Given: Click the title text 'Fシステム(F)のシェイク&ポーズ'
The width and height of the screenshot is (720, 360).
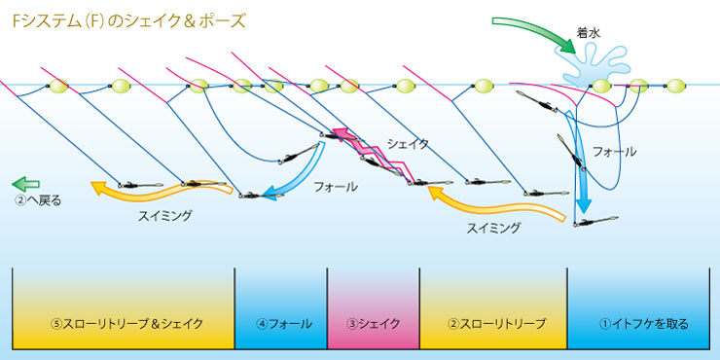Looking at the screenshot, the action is click(128, 19).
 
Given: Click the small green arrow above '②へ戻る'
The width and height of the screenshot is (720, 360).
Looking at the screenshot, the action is click(25, 182).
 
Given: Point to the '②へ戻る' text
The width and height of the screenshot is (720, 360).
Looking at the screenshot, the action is click(38, 201).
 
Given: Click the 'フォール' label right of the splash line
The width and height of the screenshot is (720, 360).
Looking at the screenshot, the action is click(615, 152).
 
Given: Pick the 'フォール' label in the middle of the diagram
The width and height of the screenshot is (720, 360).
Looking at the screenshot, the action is click(336, 186).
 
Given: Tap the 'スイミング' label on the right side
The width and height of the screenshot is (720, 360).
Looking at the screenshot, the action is click(493, 228).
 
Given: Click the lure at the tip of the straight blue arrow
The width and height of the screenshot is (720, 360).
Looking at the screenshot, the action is click(597, 221).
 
